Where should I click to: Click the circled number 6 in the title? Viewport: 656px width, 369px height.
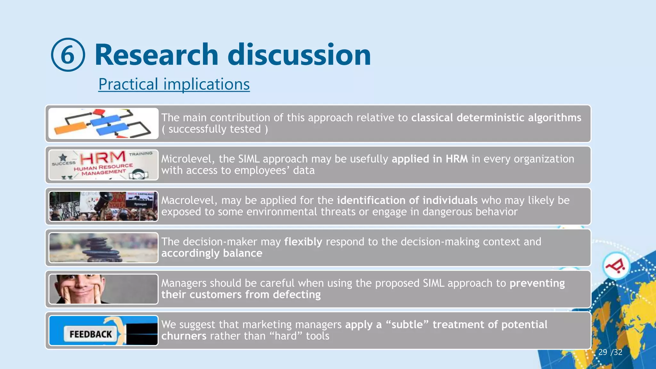(x=68, y=55)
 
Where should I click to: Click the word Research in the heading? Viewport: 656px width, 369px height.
(x=156, y=55)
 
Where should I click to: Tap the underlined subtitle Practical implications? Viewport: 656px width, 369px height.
(x=174, y=84)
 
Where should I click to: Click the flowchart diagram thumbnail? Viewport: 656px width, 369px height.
(x=103, y=123)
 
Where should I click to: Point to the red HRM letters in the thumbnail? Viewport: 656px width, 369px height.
(x=102, y=158)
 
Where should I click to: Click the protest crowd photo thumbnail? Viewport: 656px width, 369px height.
(x=103, y=206)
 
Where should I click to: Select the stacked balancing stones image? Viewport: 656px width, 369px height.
(x=103, y=248)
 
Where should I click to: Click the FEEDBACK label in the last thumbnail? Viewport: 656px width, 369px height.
(x=91, y=334)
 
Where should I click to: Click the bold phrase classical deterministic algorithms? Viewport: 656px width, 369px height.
(x=496, y=118)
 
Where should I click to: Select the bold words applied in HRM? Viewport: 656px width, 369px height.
(x=430, y=159)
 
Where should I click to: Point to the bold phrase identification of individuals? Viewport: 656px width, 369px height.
(x=407, y=200)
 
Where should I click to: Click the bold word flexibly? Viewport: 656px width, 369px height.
(x=303, y=242)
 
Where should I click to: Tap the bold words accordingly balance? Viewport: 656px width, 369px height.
(x=212, y=253)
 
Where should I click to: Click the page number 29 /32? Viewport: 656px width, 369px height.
(x=610, y=352)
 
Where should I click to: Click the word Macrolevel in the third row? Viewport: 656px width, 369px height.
(x=189, y=200)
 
